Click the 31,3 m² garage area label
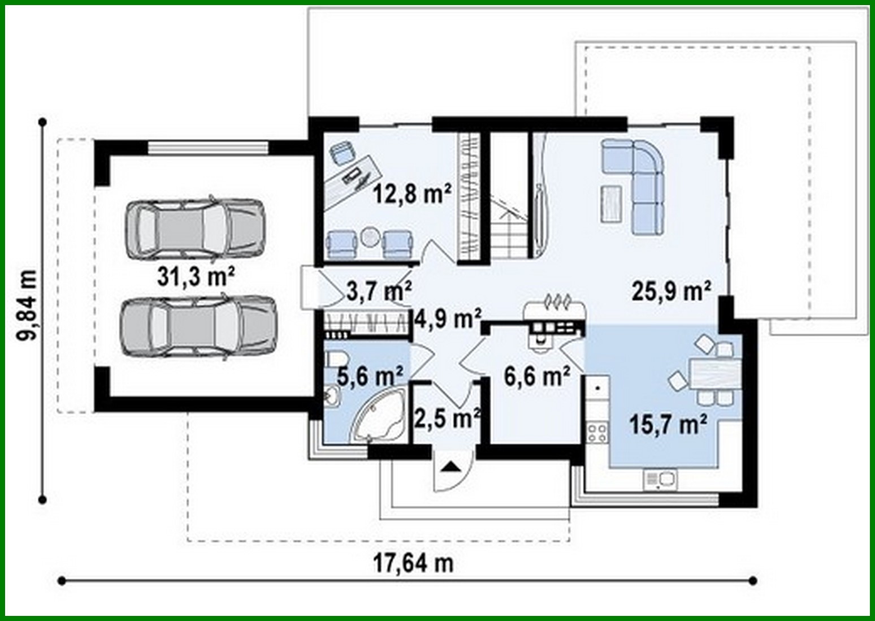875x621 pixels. pyautogui.click(x=196, y=277)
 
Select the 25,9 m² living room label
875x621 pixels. pyautogui.click(x=671, y=291)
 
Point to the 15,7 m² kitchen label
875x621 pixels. pyautogui.click(x=668, y=424)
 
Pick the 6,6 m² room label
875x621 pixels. pyautogui.click(x=537, y=376)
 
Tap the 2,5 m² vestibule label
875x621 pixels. pyautogui.click(x=447, y=418)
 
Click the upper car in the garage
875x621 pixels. pyautogui.click(x=195, y=228)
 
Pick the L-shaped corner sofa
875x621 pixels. pyautogui.click(x=639, y=181)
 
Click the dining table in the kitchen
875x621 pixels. pyautogui.click(x=714, y=374)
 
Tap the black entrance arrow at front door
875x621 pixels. pyautogui.click(x=451, y=467)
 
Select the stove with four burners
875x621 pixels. pyautogui.click(x=597, y=433)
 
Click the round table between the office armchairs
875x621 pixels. pyautogui.click(x=370, y=237)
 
